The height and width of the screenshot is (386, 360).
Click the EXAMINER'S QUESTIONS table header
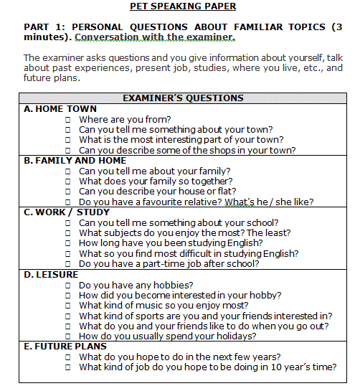(x=183, y=98)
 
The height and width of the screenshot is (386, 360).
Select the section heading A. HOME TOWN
(x=60, y=109)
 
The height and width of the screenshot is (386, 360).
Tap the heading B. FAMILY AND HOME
(x=75, y=161)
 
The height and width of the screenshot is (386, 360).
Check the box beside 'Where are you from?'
(x=67, y=120)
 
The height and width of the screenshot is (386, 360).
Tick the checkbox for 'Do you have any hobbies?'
(x=67, y=286)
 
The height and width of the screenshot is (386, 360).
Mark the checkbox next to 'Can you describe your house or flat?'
(x=67, y=192)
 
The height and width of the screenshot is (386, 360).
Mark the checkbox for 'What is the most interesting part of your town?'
(x=67, y=141)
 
